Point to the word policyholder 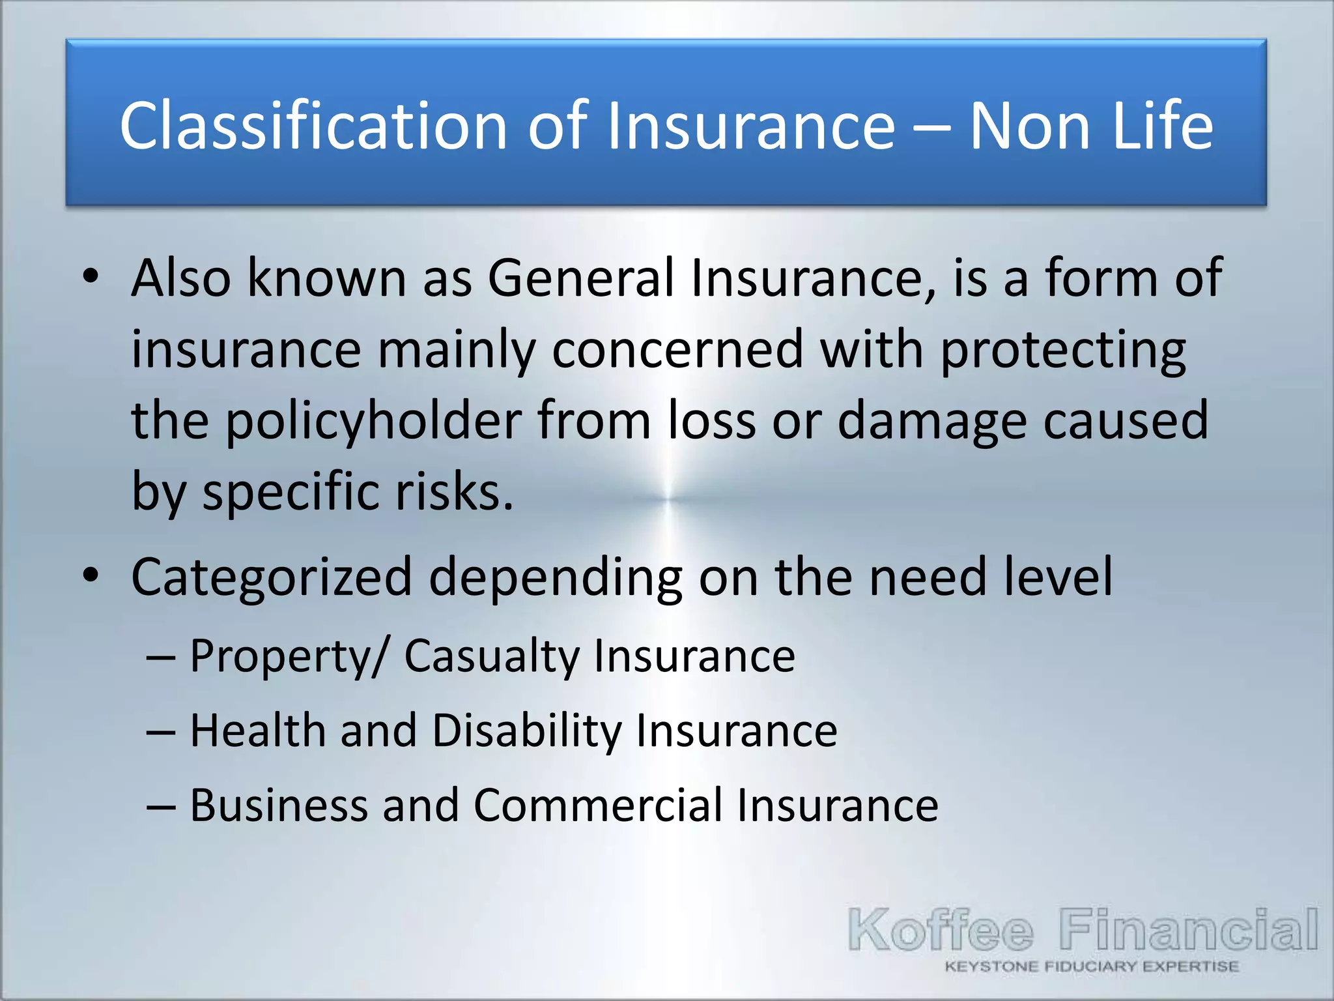pos(373,422)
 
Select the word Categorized pos(272,577)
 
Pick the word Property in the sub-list pos(280,656)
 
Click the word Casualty pos(492,656)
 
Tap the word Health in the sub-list pos(258,731)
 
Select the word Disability pos(526,731)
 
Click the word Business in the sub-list pos(279,805)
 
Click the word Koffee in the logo pos(941,930)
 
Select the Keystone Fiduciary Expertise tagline pos(1092,966)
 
